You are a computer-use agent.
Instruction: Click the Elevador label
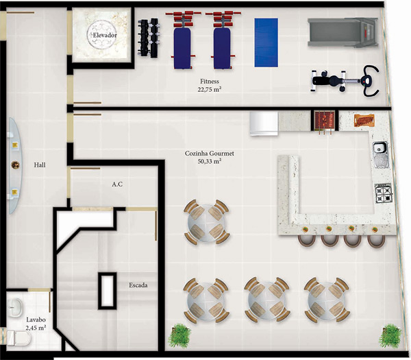105,35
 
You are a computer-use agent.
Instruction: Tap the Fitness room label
210,82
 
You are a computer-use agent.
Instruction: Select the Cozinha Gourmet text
210,154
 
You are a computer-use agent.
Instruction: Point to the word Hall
40,165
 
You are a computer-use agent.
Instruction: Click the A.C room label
117,184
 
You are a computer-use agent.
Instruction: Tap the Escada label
138,285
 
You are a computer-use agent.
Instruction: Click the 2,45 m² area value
36,328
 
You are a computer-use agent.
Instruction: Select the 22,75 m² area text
210,89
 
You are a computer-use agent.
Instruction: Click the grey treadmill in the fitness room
343,32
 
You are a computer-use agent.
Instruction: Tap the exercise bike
345,81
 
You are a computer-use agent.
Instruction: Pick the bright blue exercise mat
266,43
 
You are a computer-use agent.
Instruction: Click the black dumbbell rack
148,37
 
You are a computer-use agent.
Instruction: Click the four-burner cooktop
384,193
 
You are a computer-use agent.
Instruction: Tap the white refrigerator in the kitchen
264,123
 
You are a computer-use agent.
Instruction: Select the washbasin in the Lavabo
15,307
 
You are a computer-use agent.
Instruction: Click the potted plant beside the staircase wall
179,335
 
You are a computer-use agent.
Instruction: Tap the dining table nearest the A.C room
207,222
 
